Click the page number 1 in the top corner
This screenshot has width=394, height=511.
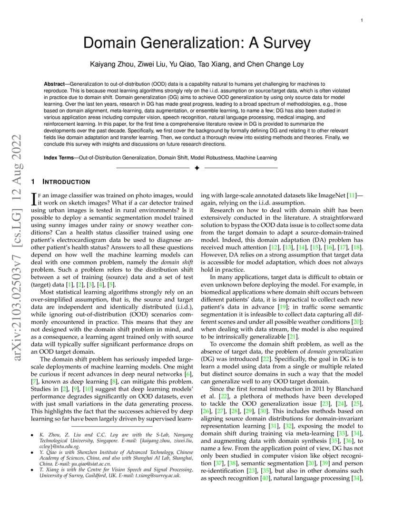(362, 20)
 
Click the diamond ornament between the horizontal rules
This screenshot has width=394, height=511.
(197, 168)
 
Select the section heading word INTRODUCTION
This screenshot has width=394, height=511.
(66, 182)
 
